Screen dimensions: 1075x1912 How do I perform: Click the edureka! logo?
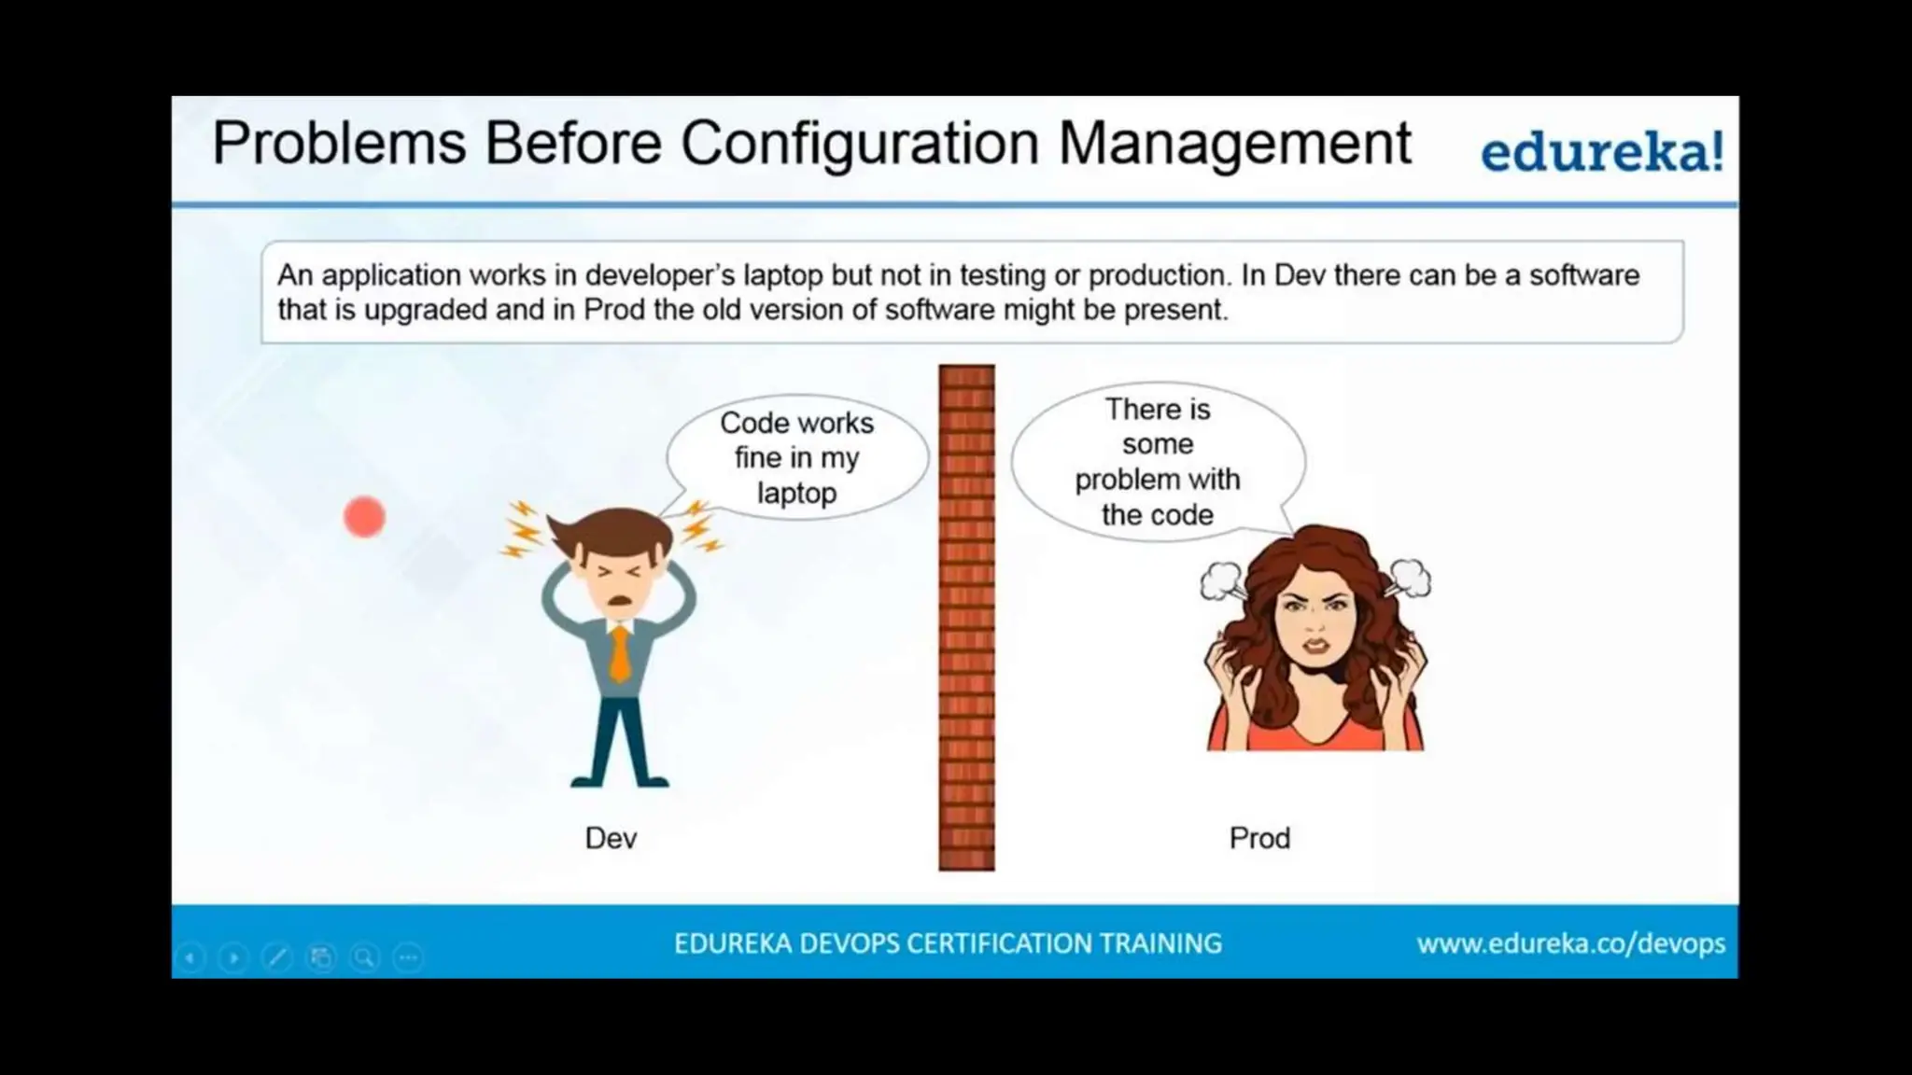[1602, 153]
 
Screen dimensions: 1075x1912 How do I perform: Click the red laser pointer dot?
[364, 517]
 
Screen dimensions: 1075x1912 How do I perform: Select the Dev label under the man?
[612, 838]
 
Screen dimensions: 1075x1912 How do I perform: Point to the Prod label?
[1259, 838]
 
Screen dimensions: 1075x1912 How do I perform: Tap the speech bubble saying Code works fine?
[796, 457]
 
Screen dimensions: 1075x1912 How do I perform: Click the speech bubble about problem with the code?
[1158, 461]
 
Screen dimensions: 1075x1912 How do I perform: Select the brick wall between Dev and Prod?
[966, 617]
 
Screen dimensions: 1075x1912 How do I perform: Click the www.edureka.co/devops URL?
[1570, 943]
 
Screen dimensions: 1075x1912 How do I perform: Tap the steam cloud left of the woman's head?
[1222, 580]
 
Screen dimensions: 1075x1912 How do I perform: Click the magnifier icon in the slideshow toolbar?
[364, 957]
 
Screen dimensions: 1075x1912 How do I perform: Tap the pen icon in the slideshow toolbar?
[277, 957]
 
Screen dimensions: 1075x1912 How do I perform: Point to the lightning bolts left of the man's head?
[523, 529]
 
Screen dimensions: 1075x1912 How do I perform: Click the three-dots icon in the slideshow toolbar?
[408, 957]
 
